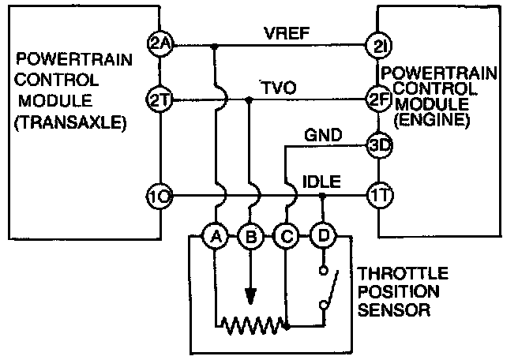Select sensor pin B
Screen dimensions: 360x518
[250, 234]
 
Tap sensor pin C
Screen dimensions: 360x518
[286, 234]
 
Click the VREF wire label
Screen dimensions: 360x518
[280, 33]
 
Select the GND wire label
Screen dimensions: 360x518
[322, 136]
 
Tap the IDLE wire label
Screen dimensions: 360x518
[321, 183]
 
